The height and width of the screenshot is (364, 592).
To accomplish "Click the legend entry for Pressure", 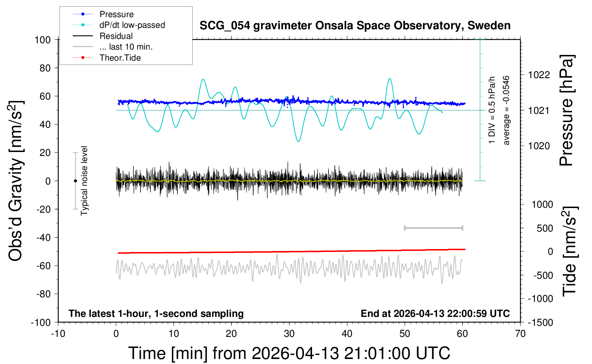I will pyautogui.click(x=116, y=14).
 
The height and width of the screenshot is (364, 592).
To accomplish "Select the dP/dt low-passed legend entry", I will pyautogui.click(x=132, y=25).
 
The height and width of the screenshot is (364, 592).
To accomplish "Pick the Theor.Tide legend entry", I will pyautogui.click(x=120, y=58).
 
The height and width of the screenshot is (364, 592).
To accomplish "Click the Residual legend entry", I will pyautogui.click(x=116, y=36).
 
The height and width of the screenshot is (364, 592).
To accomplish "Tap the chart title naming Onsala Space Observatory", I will pyautogui.click(x=355, y=26).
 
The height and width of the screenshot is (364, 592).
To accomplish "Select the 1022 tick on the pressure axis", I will pyautogui.click(x=539, y=75).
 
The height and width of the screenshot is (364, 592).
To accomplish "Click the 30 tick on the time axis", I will pyautogui.click(x=289, y=334).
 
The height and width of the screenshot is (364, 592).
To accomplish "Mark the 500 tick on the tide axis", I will pyautogui.click(x=545, y=228).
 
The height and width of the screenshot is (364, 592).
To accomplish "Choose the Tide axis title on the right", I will pyautogui.click(x=570, y=251).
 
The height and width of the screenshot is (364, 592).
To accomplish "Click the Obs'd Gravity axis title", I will pyautogui.click(x=16, y=181).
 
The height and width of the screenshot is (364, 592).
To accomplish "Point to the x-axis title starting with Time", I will pyautogui.click(x=289, y=353).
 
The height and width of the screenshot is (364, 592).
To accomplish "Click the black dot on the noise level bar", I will pyautogui.click(x=75, y=181).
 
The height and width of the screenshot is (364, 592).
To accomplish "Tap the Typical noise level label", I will pyautogui.click(x=84, y=181).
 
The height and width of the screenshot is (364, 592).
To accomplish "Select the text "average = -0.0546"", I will pyautogui.click(x=506, y=110).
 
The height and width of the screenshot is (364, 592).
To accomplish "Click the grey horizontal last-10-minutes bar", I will pyautogui.click(x=433, y=228).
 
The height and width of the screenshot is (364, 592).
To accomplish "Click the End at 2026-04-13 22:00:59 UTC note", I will pyautogui.click(x=435, y=314).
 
